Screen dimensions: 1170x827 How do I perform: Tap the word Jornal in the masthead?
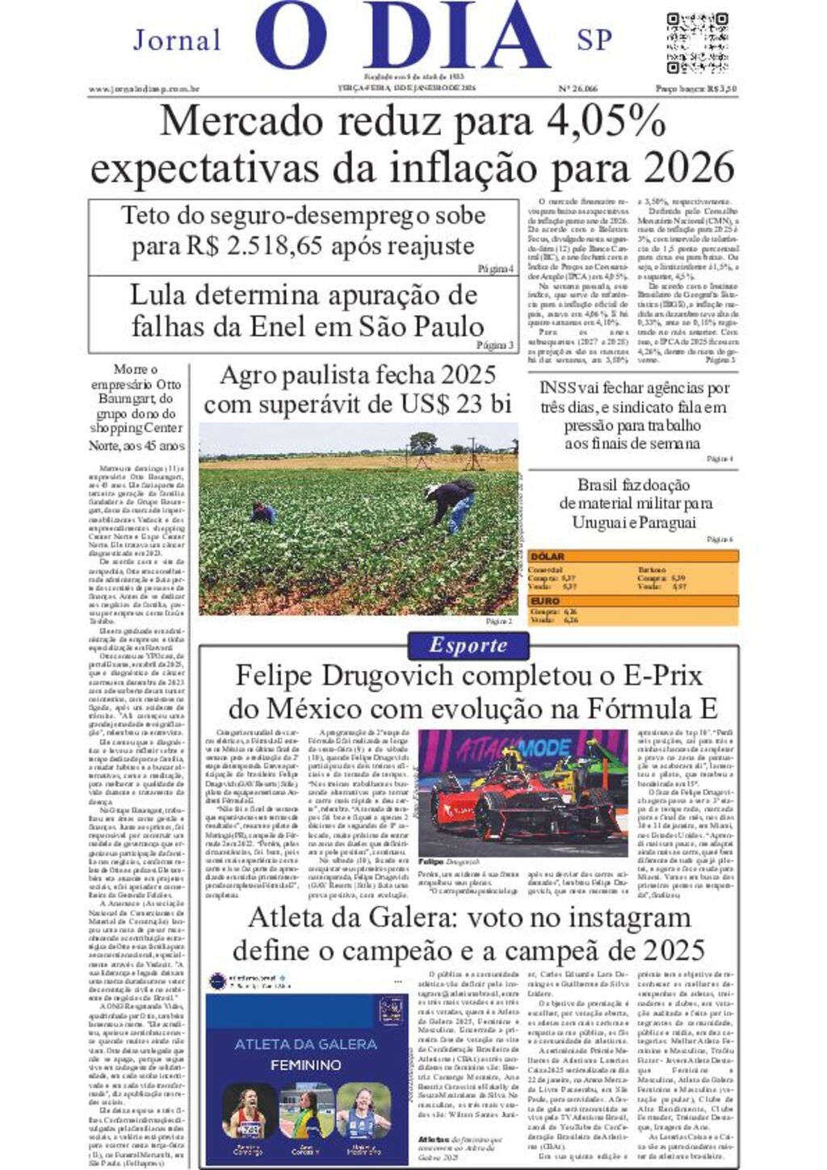[x=177, y=40]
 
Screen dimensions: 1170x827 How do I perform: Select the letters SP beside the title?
[x=594, y=40]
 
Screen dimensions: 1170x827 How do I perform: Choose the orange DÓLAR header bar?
[x=632, y=556]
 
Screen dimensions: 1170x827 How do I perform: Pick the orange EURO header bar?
[x=632, y=602]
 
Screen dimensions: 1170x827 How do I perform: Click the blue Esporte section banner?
[x=468, y=646]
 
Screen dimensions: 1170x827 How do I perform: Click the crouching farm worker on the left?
[x=262, y=513]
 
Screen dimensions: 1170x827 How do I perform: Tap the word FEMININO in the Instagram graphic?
[x=305, y=1065]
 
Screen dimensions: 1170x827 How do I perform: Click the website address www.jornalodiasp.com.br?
[x=144, y=90]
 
